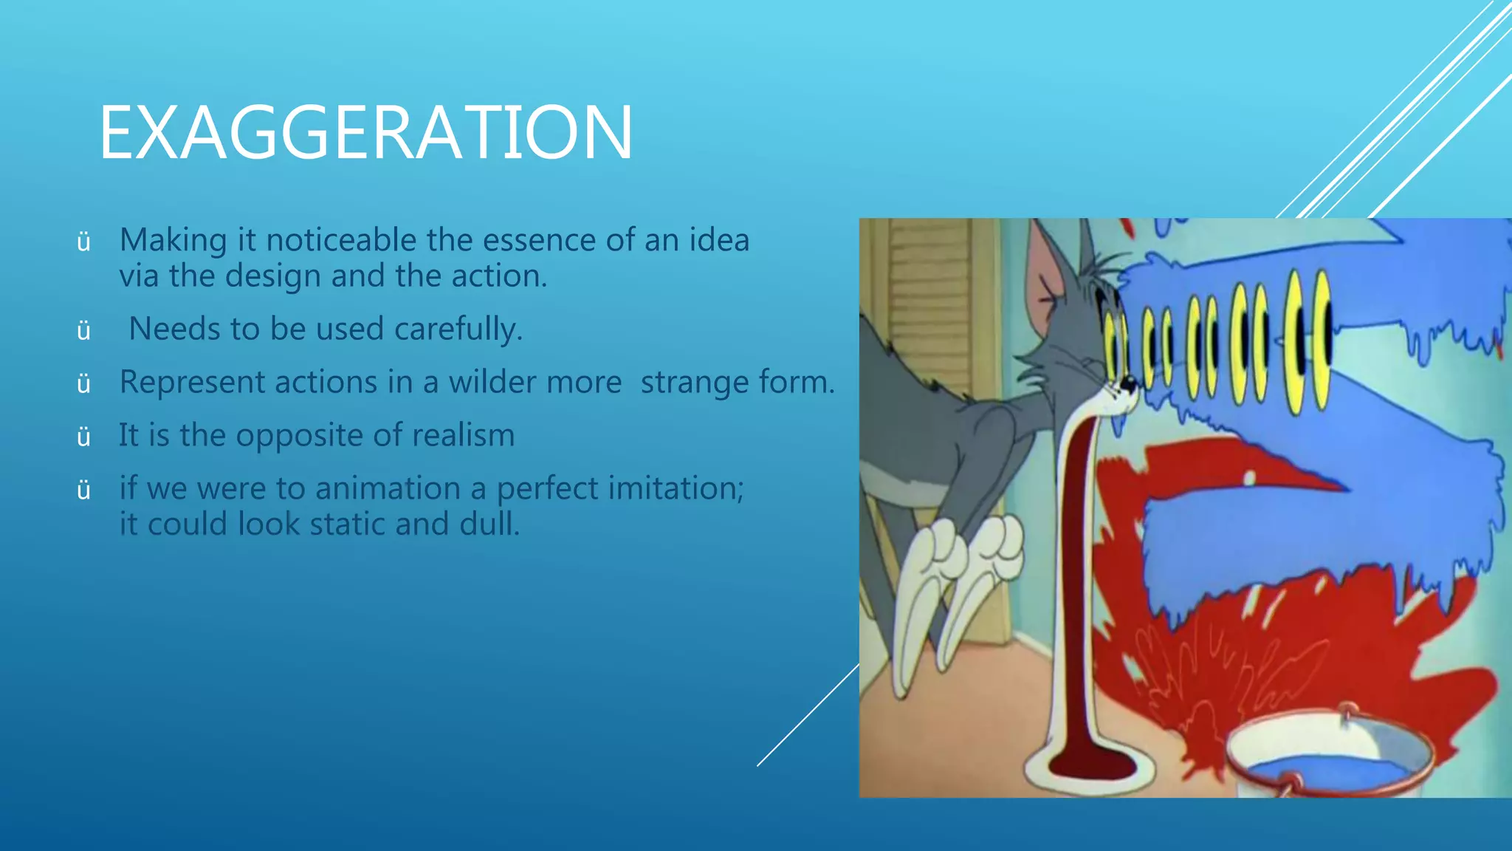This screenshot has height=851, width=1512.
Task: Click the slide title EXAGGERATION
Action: (365, 133)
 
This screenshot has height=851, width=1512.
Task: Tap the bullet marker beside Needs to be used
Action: (83, 330)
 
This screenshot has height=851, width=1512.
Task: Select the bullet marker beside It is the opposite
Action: (83, 437)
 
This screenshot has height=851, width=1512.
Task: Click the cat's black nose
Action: (1127, 383)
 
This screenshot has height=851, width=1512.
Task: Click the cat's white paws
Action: (960, 569)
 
